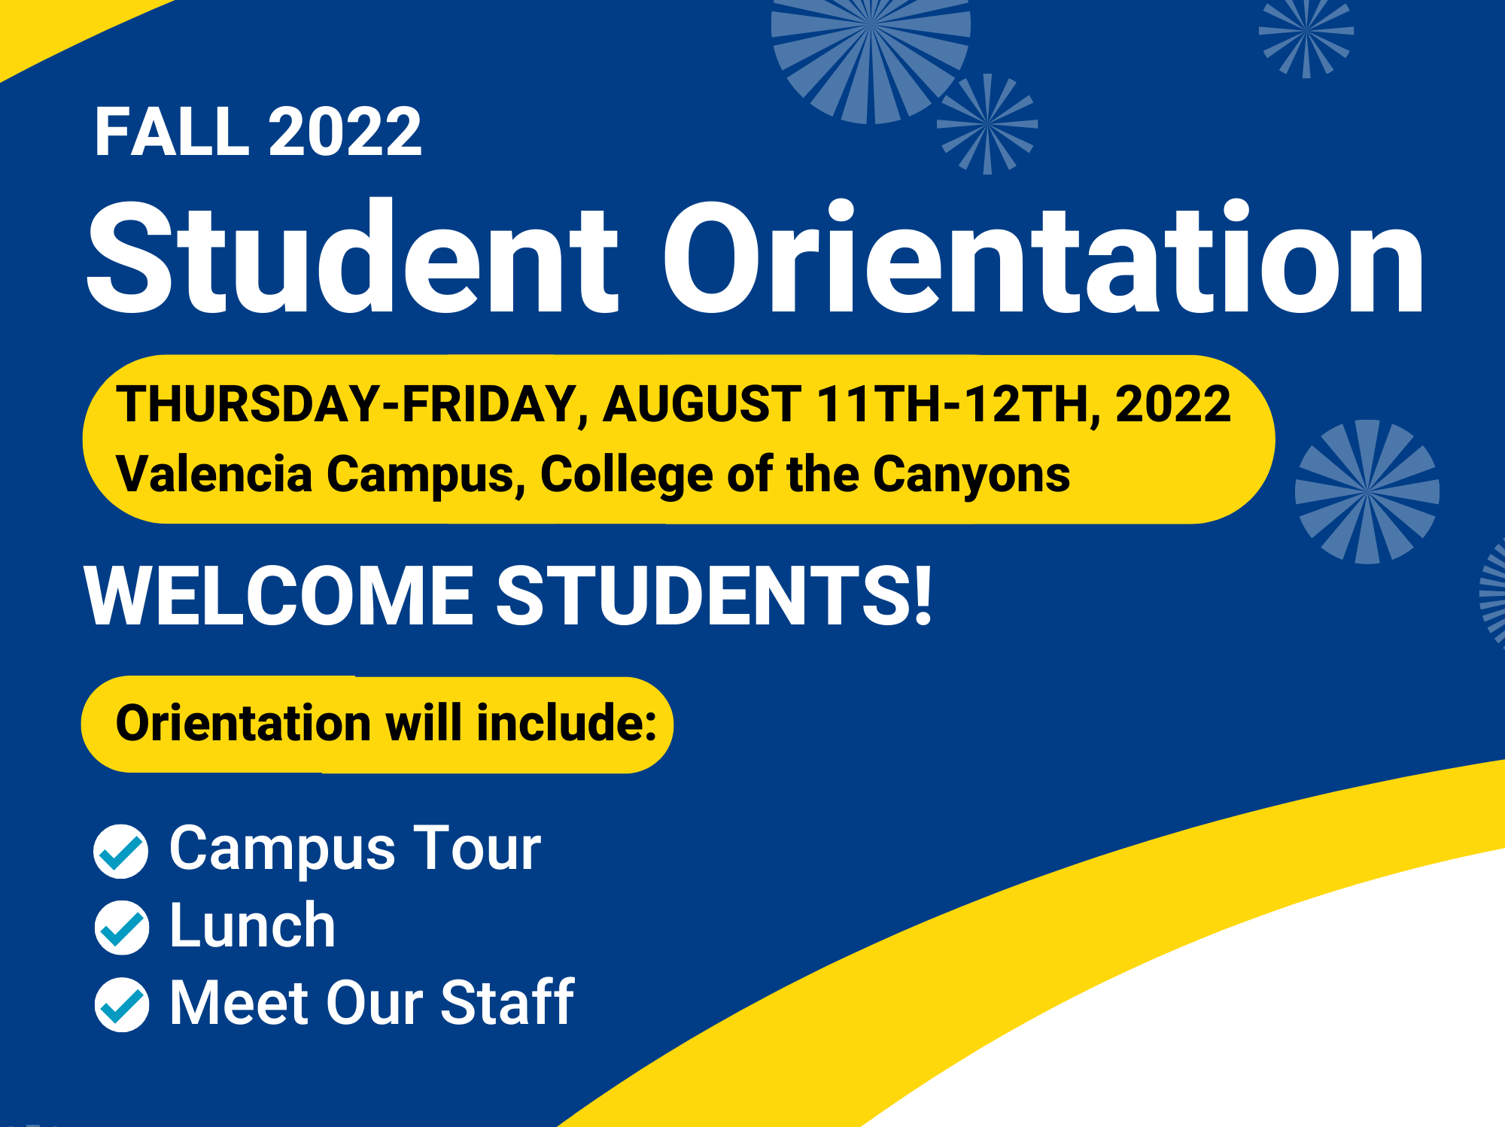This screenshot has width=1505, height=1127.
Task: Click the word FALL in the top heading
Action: coord(172,132)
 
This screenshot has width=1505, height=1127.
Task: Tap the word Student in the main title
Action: coord(353,257)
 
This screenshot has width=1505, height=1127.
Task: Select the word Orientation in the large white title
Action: coord(1043,257)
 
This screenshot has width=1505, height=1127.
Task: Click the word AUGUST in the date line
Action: coord(702,404)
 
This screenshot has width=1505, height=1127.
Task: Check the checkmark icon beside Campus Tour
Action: coord(120,851)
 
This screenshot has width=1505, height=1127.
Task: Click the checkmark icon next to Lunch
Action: coord(121,928)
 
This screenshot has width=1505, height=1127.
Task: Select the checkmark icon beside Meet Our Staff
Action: coord(121,1004)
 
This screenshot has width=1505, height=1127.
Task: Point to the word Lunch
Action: coord(252,925)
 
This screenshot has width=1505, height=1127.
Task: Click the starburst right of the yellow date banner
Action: coord(1367,492)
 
